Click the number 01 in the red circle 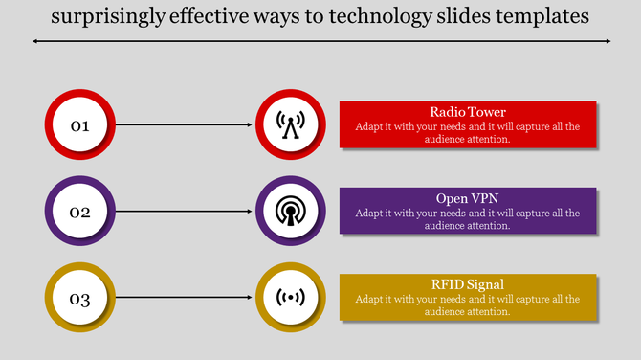pos(79,125)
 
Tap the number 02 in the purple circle pos(79,212)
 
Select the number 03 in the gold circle pos(79,299)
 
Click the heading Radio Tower pos(468,112)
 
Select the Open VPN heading pos(468,198)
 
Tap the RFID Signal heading pos(468,284)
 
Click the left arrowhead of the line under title pos(35,41)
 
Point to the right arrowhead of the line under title pos(607,41)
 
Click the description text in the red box pos(468,132)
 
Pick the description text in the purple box pos(468,219)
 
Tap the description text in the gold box pos(468,305)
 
